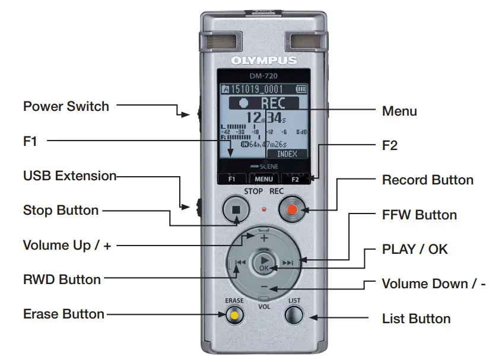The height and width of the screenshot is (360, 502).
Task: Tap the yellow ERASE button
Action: click(235, 315)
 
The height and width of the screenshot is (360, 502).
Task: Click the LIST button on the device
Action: click(295, 315)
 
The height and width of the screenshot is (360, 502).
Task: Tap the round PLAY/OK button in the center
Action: click(264, 263)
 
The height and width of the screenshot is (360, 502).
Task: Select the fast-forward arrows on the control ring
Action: click(288, 263)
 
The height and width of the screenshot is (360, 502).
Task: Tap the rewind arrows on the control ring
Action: click(240, 263)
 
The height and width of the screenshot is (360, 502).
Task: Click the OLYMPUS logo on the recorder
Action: click(263, 60)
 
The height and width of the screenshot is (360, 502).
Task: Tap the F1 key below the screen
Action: click(232, 178)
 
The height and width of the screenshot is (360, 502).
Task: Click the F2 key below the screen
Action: click(295, 178)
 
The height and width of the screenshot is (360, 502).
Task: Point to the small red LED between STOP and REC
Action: click(264, 209)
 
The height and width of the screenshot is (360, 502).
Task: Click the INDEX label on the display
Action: click(288, 154)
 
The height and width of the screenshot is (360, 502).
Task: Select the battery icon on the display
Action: click(302, 89)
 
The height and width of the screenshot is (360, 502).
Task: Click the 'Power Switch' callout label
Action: click(66, 107)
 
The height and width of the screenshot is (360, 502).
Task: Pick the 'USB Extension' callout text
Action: click(69, 176)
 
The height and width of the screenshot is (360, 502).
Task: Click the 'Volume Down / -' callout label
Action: click(434, 283)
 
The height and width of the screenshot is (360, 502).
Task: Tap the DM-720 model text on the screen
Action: click(263, 76)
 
